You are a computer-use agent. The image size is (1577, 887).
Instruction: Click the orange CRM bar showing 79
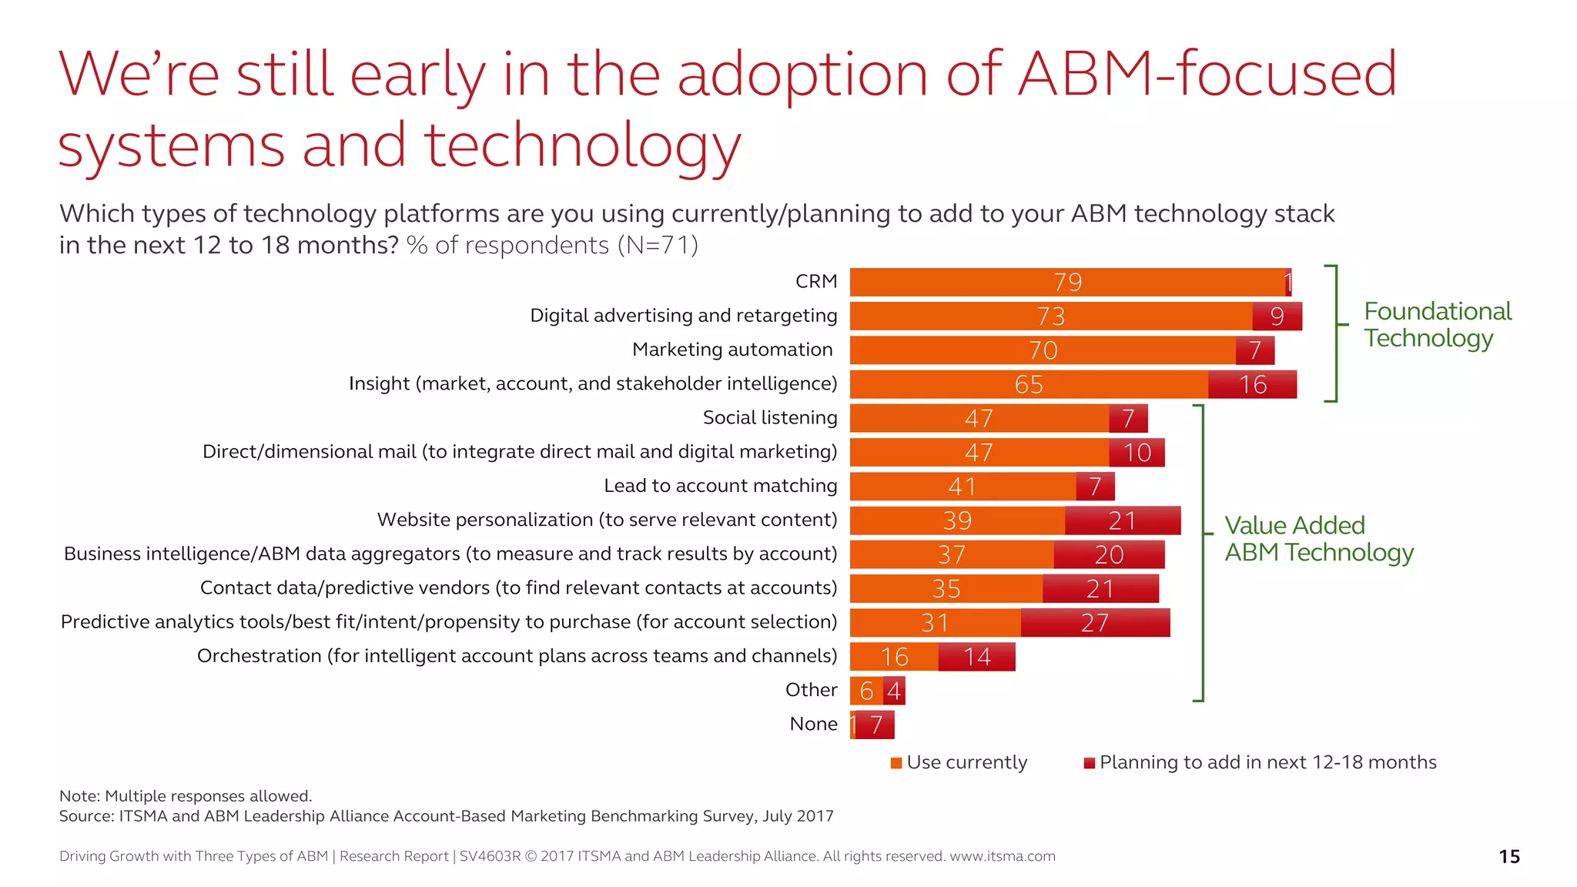pyautogui.click(x=1067, y=283)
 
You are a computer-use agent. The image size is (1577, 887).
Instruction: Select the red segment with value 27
pyautogui.click(x=1095, y=623)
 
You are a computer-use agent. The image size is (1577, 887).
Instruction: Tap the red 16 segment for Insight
pyautogui.click(x=1252, y=384)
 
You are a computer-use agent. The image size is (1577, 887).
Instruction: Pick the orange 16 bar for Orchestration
pyautogui.click(x=894, y=657)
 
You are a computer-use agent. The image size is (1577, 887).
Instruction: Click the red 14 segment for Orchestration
pyautogui.click(x=976, y=657)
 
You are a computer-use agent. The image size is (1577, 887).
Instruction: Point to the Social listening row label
pyautogui.click(x=769, y=417)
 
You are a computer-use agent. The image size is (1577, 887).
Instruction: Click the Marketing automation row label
pyautogui.click(x=732, y=350)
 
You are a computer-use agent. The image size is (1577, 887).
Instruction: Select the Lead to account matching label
pyautogui.click(x=720, y=486)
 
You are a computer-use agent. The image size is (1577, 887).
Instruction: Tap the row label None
pyautogui.click(x=813, y=724)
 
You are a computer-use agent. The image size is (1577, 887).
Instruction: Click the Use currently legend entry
pyautogui.click(x=959, y=762)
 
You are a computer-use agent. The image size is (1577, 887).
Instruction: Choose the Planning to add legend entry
pyautogui.click(x=1260, y=762)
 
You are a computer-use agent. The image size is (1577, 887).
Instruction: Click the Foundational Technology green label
pyautogui.click(x=1437, y=324)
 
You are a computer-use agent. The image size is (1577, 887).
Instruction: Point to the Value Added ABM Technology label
pyautogui.click(x=1318, y=539)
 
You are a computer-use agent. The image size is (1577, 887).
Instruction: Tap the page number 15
pyautogui.click(x=1508, y=856)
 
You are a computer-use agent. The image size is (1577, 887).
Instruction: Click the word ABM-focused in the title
pyautogui.click(x=1207, y=74)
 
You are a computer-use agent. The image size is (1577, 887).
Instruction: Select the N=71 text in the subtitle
pyautogui.click(x=658, y=245)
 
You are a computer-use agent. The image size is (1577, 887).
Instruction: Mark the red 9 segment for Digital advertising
pyautogui.click(x=1277, y=316)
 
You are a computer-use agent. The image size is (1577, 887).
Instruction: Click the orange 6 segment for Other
pyautogui.click(x=866, y=691)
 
